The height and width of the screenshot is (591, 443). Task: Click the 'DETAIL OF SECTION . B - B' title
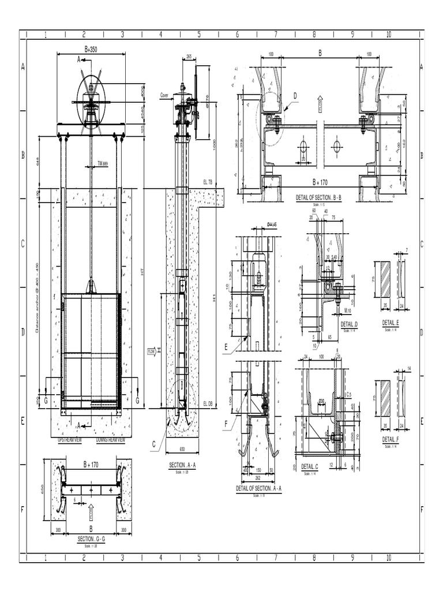click(x=318, y=198)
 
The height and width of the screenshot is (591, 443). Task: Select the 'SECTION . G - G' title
click(x=91, y=538)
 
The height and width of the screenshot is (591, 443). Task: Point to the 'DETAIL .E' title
click(x=391, y=323)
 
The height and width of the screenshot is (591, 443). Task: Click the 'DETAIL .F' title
click(x=391, y=439)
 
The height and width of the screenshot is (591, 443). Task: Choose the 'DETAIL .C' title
click(x=309, y=466)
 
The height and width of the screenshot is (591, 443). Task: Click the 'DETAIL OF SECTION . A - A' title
click(x=258, y=488)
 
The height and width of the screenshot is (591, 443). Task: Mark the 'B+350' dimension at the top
click(x=91, y=50)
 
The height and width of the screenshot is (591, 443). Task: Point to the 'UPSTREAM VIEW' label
click(x=70, y=440)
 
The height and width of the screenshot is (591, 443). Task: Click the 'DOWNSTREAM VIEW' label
click(x=111, y=440)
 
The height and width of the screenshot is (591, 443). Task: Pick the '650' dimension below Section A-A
click(x=182, y=448)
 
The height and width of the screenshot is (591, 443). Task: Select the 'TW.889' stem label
click(x=103, y=163)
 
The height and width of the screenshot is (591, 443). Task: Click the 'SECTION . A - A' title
click(x=182, y=465)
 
